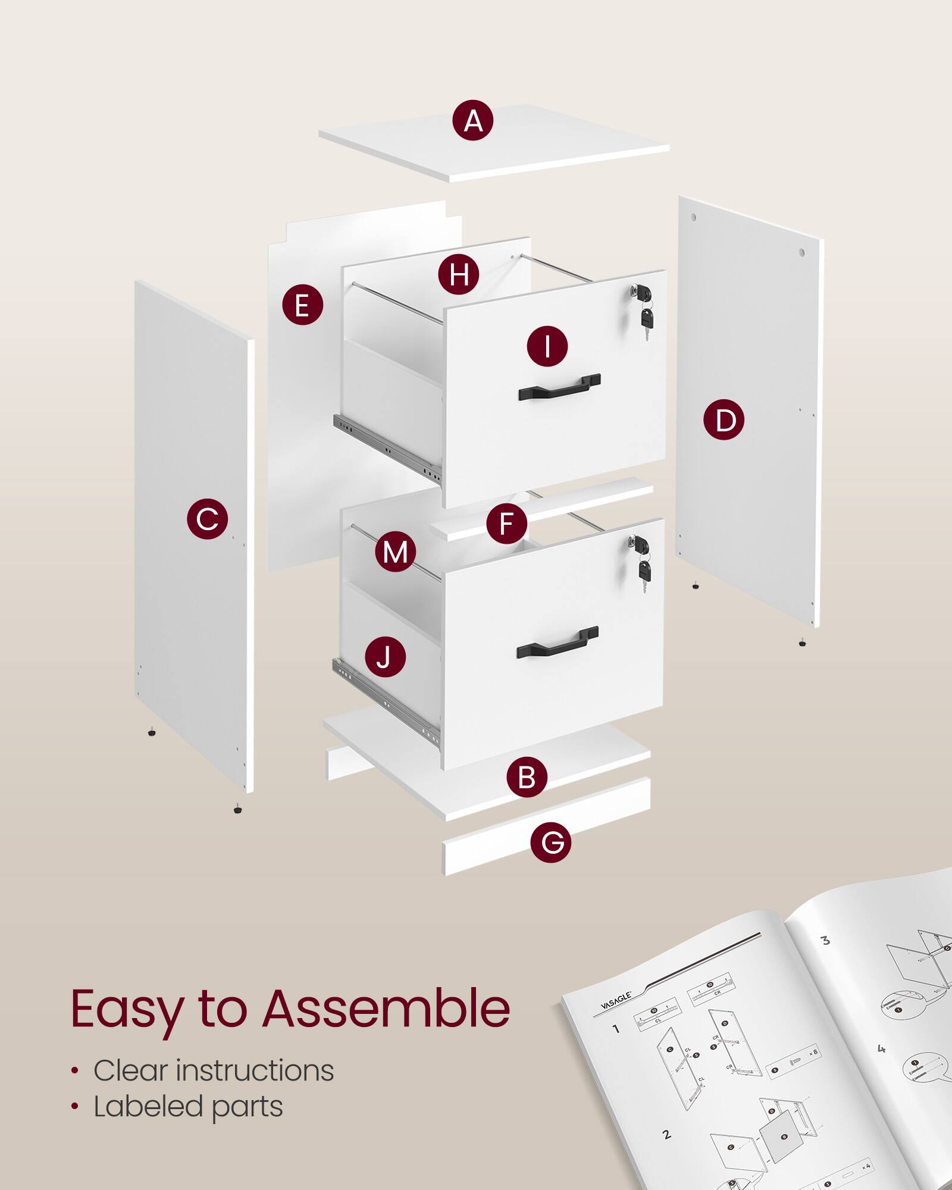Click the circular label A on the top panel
472,120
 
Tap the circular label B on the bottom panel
527,777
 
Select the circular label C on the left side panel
207,519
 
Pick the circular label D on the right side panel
724,420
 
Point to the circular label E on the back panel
302,305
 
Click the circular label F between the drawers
506,524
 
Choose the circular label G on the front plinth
550,842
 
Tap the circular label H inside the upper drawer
458,274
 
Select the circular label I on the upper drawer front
547,346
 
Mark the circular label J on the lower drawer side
385,657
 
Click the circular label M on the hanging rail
395,552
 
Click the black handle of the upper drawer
559,387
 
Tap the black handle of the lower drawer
557,642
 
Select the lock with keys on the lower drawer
642,559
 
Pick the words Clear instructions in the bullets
213,1071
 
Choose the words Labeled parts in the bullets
188,1107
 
